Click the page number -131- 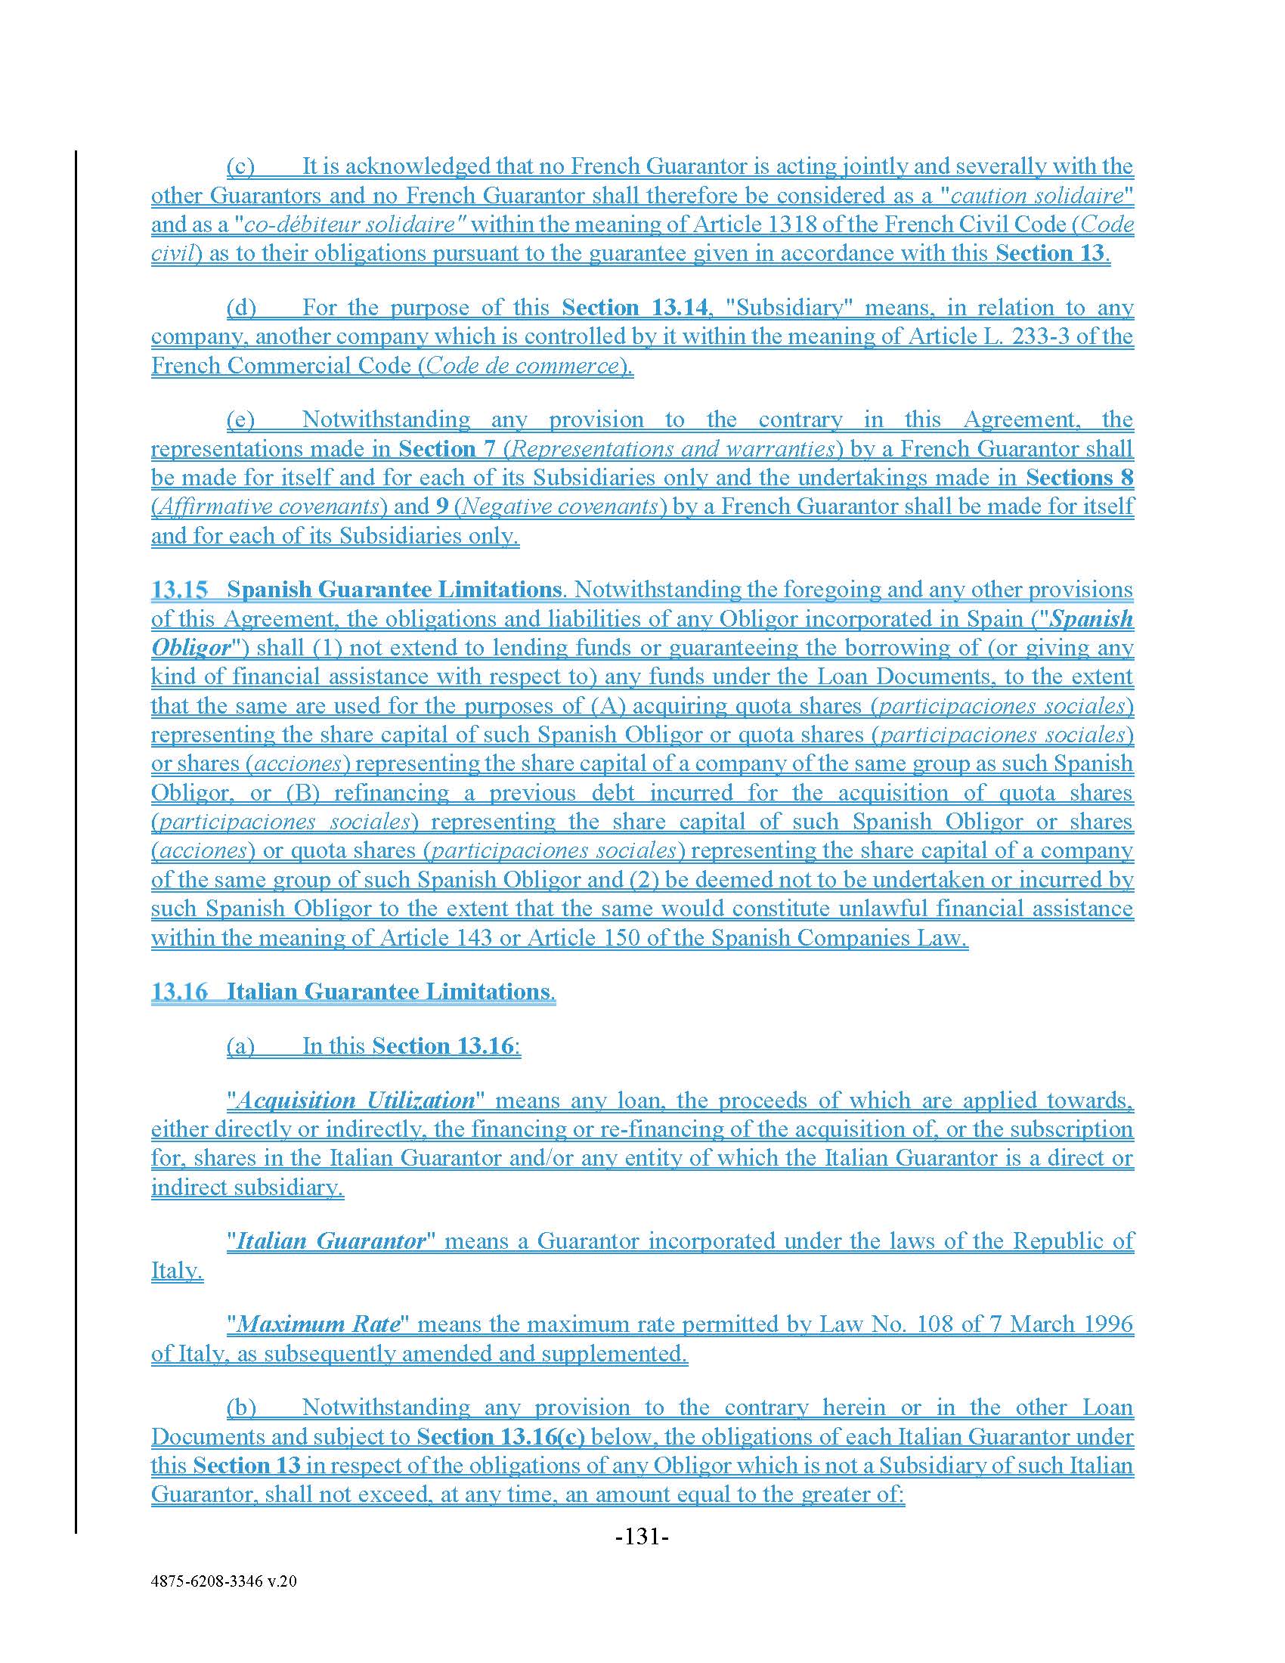tap(642, 1537)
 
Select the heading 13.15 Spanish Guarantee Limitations tap(355, 590)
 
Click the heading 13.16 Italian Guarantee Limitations tap(352, 992)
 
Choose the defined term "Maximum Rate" tap(320, 1324)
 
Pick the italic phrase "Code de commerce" tap(522, 366)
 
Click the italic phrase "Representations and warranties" tap(672, 448)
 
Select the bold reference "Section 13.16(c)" tap(501, 1437)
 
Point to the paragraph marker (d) tap(241, 308)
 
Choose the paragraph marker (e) tap(240, 420)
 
